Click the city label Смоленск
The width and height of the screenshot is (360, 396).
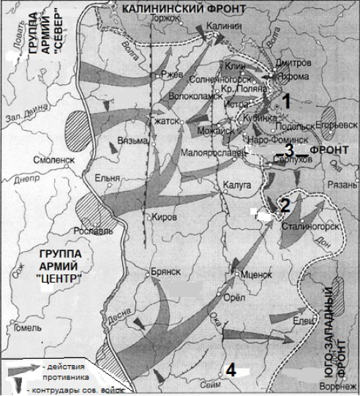click(54, 159)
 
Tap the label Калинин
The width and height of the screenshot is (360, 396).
click(225, 24)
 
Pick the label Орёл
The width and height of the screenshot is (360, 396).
click(238, 298)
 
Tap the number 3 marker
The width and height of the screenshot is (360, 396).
click(289, 151)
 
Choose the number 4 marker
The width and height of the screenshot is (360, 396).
click(230, 370)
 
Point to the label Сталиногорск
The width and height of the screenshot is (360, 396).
click(313, 226)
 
